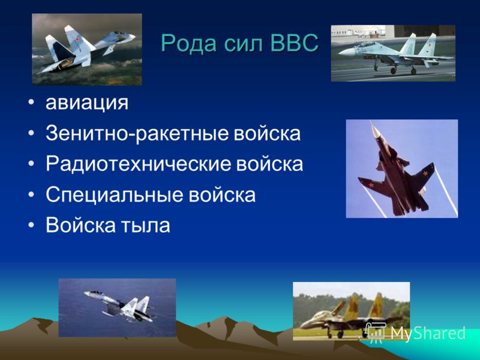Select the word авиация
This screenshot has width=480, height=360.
[87, 103]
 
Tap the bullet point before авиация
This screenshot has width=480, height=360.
[31, 103]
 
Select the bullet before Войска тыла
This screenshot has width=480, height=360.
[31, 226]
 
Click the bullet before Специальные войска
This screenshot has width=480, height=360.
[31, 194]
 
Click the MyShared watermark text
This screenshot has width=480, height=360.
[428, 333]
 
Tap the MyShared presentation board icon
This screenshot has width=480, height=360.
[376, 332]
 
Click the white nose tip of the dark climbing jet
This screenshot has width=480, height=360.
[374, 131]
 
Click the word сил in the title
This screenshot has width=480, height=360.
[244, 43]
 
